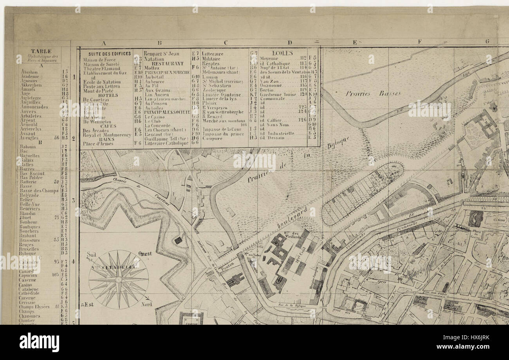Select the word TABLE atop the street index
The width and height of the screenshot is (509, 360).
[x=41, y=51]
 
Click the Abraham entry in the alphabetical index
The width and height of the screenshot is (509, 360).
[x=29, y=72]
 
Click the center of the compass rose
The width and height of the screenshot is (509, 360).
[x=118, y=279]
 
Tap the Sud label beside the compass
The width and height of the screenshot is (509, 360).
[x=91, y=254]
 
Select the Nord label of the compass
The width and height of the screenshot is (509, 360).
[x=146, y=304]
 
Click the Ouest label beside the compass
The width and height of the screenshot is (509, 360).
[x=145, y=253]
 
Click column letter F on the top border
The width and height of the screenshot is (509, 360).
[x=419, y=42]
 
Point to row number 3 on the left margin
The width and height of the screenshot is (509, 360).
[x=73, y=200]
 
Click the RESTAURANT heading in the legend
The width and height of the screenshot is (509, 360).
[x=167, y=63]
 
